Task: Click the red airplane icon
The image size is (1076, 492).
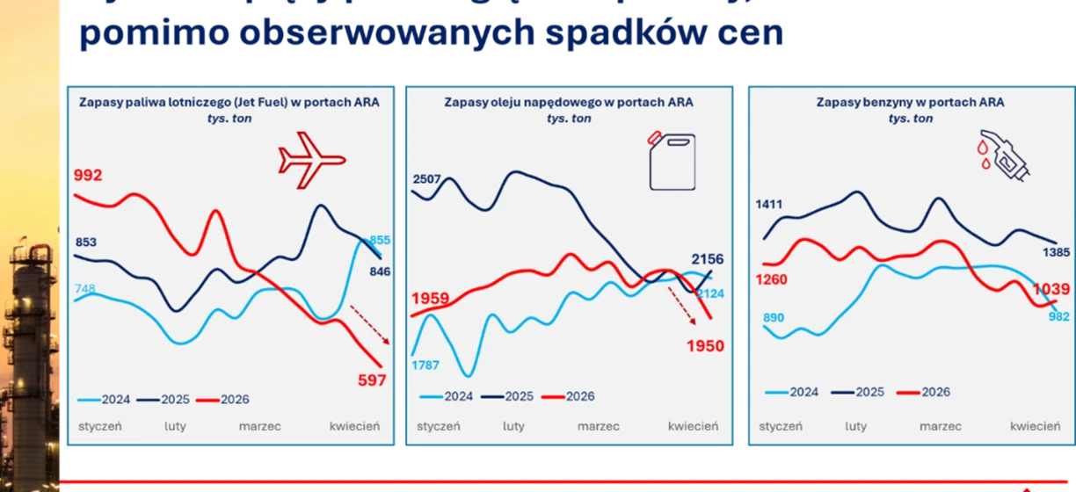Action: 311,160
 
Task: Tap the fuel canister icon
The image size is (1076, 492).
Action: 671,161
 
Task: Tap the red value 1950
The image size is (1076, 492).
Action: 705,346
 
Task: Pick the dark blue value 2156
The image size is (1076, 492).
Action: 708,259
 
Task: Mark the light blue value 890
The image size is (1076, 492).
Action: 771,317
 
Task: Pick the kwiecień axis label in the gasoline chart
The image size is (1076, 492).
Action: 1035,426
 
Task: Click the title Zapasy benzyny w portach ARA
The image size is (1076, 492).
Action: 910,103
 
